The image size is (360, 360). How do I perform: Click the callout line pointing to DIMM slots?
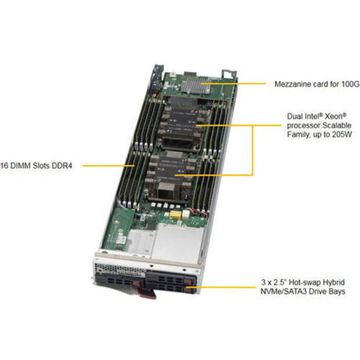[x=108, y=165]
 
